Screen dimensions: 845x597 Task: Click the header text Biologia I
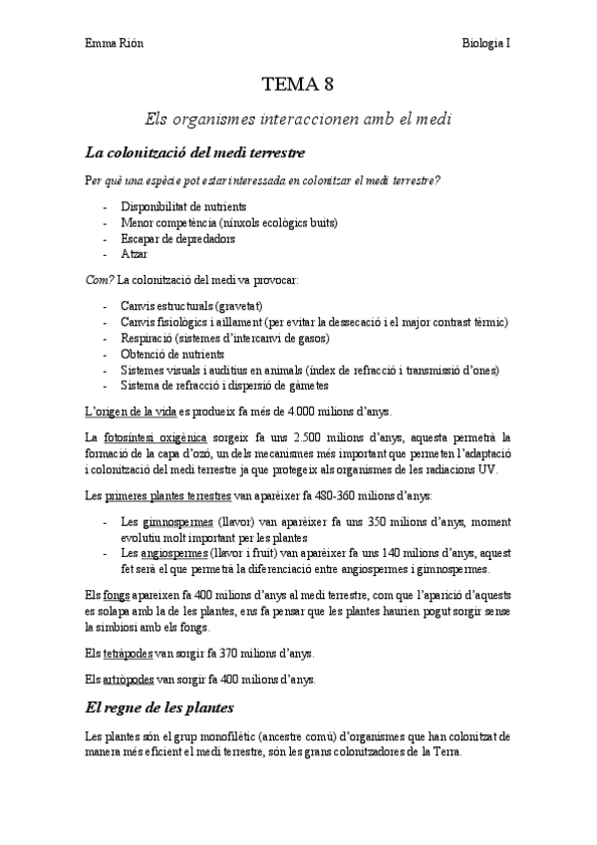487,43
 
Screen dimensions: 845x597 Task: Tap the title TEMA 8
298,85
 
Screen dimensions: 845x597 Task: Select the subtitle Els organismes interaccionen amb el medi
298,119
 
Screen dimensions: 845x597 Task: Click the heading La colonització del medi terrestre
194,153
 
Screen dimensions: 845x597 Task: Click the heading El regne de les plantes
159,708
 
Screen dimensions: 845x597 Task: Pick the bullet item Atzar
134,254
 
